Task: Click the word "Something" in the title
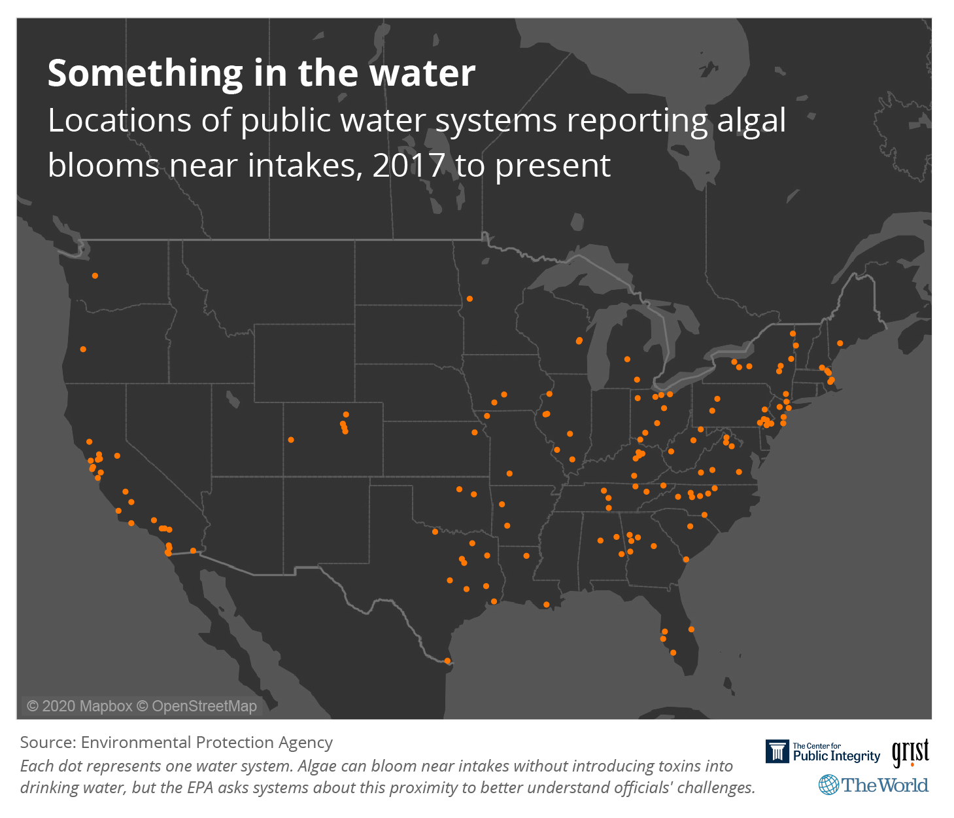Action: click(145, 73)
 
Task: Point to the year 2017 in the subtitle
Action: click(409, 166)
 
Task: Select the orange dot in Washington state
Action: click(95, 276)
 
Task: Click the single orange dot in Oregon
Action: click(83, 349)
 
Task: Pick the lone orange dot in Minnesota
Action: click(469, 299)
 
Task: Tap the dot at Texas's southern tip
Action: click(447, 661)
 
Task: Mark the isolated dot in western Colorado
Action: click(291, 440)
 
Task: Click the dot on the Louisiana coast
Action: click(547, 605)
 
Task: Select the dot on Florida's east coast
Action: click(691, 630)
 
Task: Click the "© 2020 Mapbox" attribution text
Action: click(79, 706)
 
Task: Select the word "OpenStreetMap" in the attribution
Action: click(204, 706)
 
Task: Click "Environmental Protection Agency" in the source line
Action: click(207, 742)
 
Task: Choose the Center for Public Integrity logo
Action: click(823, 752)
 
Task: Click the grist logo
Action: click(910, 753)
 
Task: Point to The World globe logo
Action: click(828, 785)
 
